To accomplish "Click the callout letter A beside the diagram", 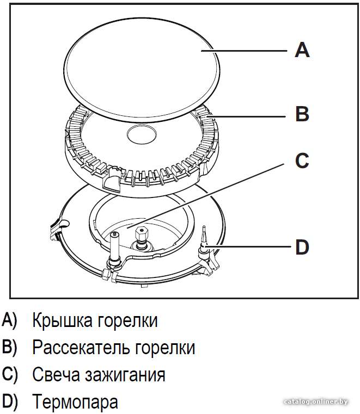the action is tap(302, 50).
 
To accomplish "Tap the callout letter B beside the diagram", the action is tap(302, 114).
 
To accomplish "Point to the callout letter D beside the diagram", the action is tap(302, 247).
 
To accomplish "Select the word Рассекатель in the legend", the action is tap(81, 348).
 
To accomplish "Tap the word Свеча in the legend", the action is tap(56, 374).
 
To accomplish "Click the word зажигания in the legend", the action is tap(125, 375).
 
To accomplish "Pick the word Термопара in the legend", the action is tap(75, 402).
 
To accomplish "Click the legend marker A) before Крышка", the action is tap(9, 320).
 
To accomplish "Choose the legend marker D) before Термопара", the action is tap(9, 402).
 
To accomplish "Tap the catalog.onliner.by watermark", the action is tap(315, 402).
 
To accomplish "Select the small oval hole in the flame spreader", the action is tap(141, 134).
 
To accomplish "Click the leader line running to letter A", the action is tap(244, 51).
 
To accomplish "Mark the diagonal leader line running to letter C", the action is tap(205, 195).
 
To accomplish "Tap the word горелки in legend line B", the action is tap(165, 348).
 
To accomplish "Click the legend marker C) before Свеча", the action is tap(9, 374).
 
